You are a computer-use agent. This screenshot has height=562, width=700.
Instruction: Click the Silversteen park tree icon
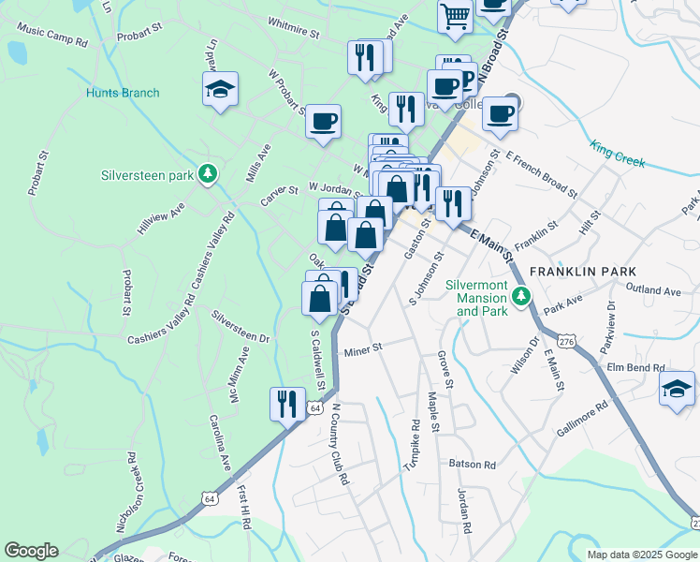tap(209, 174)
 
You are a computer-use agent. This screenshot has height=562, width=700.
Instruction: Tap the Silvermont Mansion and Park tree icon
tap(522, 298)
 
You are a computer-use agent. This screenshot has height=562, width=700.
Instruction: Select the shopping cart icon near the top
tap(455, 15)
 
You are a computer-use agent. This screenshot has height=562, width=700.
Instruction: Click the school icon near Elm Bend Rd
tap(677, 388)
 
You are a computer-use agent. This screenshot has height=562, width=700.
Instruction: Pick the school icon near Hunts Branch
tap(220, 90)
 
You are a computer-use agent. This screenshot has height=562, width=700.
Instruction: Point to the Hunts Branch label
tap(123, 93)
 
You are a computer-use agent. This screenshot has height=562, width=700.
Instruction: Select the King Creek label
tap(618, 155)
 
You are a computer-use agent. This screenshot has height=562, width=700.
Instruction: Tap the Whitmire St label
tap(293, 30)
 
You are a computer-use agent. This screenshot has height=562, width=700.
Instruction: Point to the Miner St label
tap(364, 350)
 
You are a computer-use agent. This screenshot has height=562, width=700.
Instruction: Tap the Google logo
tap(31, 552)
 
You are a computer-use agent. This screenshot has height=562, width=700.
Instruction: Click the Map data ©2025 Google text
tap(641, 555)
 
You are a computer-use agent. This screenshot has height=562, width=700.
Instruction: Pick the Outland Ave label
tap(653, 290)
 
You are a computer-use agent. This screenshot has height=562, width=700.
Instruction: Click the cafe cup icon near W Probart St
tap(323, 121)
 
